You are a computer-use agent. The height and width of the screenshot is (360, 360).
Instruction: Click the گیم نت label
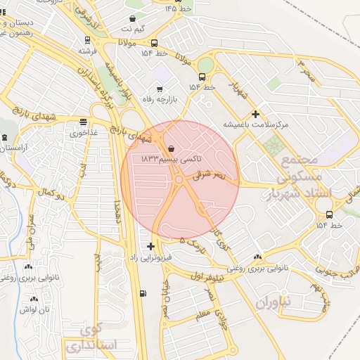(134, 29)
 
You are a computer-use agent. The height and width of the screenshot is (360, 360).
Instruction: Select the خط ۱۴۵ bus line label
(180, 8)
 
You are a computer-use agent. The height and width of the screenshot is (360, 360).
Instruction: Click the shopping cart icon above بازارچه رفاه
(160, 89)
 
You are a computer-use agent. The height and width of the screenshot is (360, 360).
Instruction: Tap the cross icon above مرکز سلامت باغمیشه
(255, 114)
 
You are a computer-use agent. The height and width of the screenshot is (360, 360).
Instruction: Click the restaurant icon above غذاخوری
(84, 121)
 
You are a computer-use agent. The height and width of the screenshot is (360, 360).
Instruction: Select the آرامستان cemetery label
(13, 148)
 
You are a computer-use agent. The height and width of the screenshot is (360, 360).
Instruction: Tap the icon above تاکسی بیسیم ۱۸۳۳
(172, 148)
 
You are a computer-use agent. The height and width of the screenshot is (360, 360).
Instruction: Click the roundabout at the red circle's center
(179, 180)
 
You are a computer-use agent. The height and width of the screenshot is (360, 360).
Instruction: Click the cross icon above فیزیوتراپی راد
(151, 246)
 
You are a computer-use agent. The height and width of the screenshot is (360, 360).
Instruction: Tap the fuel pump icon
(144, 293)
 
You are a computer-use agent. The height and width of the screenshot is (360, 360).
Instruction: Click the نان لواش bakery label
(33, 309)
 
